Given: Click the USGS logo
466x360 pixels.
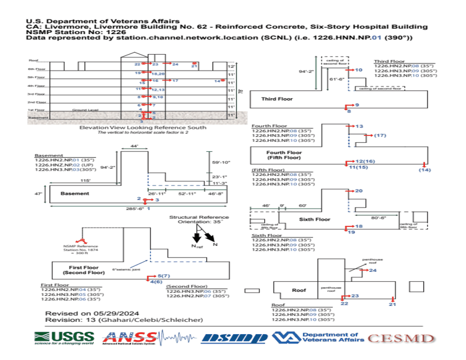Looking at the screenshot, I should pos(64,338).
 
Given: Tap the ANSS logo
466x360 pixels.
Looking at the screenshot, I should pos(130,338).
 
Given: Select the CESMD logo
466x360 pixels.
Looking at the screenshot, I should pos(402,338).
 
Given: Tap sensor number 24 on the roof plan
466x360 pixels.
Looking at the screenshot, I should pos(372,270).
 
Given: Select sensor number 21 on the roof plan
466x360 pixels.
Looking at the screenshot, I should pos(393,304).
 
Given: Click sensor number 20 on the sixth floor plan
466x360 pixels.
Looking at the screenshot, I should pos(359,191).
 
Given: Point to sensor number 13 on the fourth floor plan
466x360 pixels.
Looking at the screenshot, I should pos(360,126).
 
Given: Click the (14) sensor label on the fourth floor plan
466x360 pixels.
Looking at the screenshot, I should pos(424,169).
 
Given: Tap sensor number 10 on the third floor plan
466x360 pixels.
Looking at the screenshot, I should pos(358,70).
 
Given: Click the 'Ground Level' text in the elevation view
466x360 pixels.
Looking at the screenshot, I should pos(85,110).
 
